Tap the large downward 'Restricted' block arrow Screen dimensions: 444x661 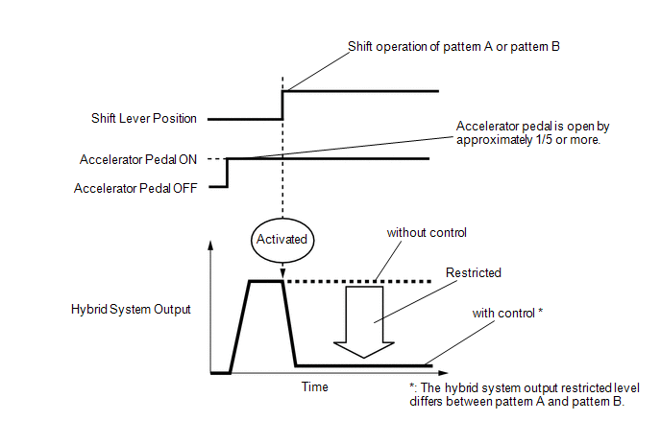(x=363, y=320)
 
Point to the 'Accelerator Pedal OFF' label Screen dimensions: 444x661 (x=135, y=189)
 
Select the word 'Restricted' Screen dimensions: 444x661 (x=474, y=273)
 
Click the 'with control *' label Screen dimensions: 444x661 (x=508, y=314)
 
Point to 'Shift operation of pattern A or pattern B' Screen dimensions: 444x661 (x=453, y=46)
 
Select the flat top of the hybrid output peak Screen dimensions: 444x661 (x=264, y=281)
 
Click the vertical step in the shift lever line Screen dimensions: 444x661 (x=282, y=105)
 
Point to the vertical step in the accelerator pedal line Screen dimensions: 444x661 (x=227, y=173)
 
